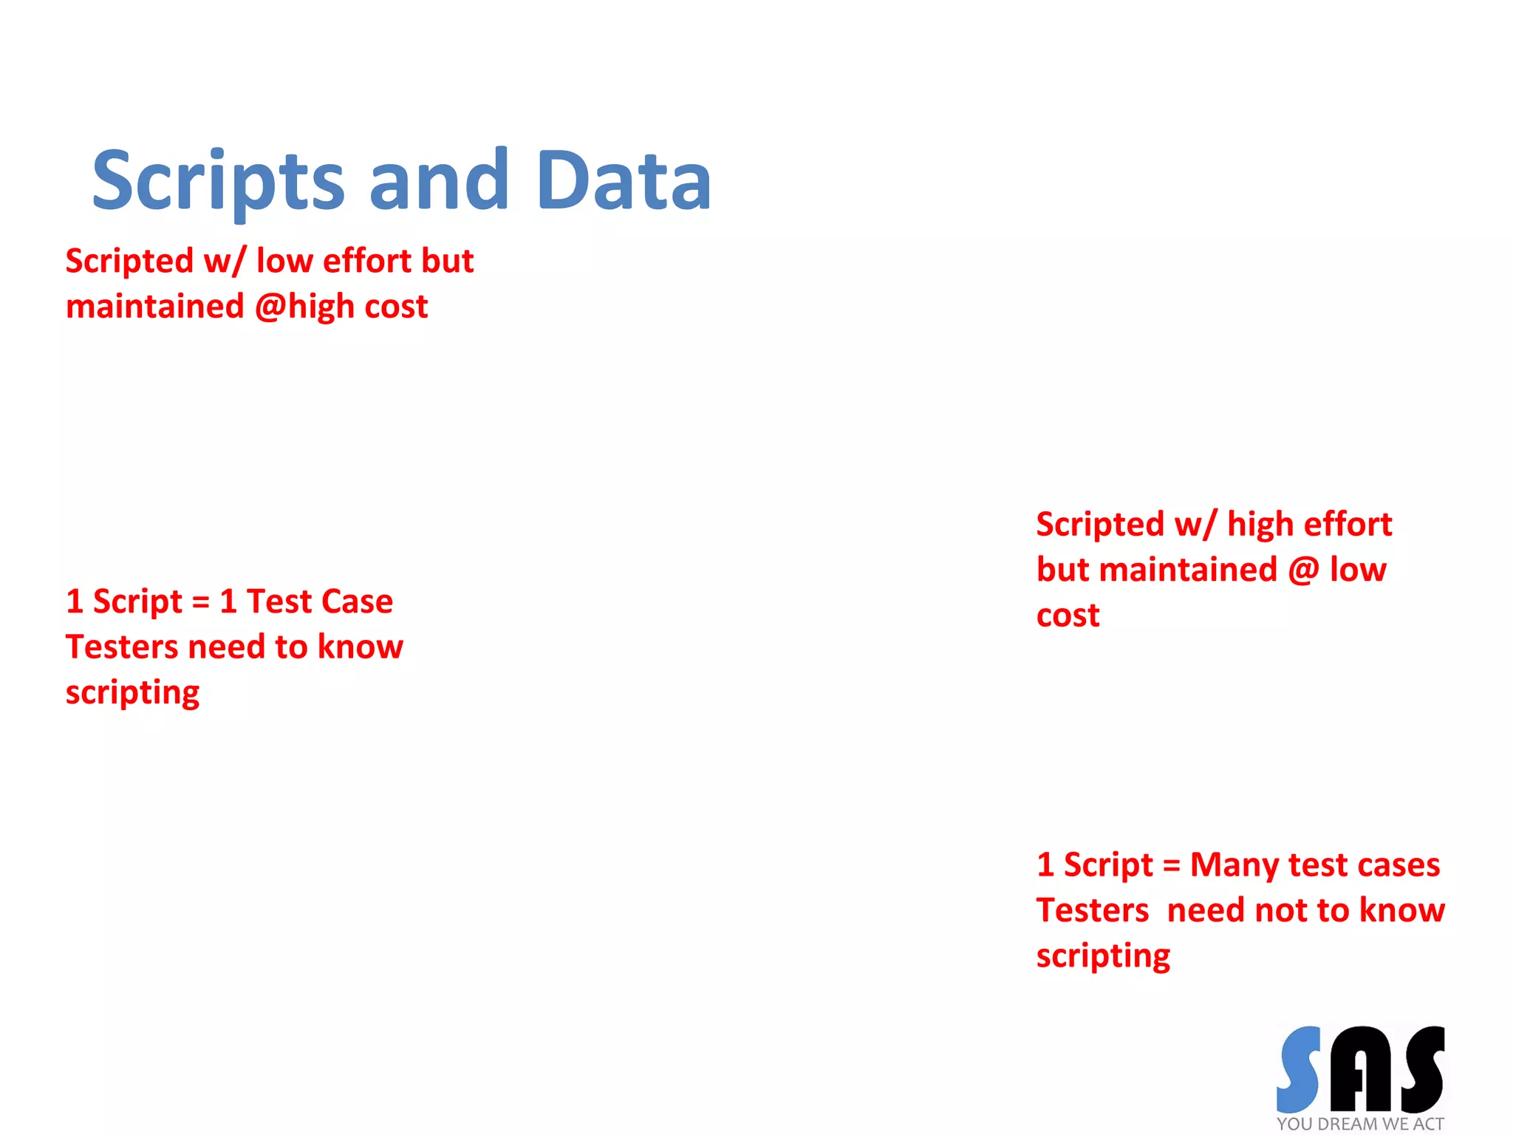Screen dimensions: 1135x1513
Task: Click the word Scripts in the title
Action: [x=219, y=181]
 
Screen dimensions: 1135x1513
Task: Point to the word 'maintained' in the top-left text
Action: [x=155, y=307]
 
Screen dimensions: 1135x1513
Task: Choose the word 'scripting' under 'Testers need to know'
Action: [x=133, y=693]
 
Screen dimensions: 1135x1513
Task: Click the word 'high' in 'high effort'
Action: [x=1261, y=525]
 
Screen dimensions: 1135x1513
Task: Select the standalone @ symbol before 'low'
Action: [x=1304, y=570]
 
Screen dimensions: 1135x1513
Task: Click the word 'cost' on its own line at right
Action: [x=1068, y=616]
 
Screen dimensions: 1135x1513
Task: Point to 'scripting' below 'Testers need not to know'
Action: [x=1103, y=956]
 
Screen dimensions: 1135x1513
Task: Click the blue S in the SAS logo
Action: [x=1299, y=1069]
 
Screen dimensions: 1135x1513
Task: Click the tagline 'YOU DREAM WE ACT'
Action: [x=1360, y=1124]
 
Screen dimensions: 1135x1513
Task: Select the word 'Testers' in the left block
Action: [x=122, y=647]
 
